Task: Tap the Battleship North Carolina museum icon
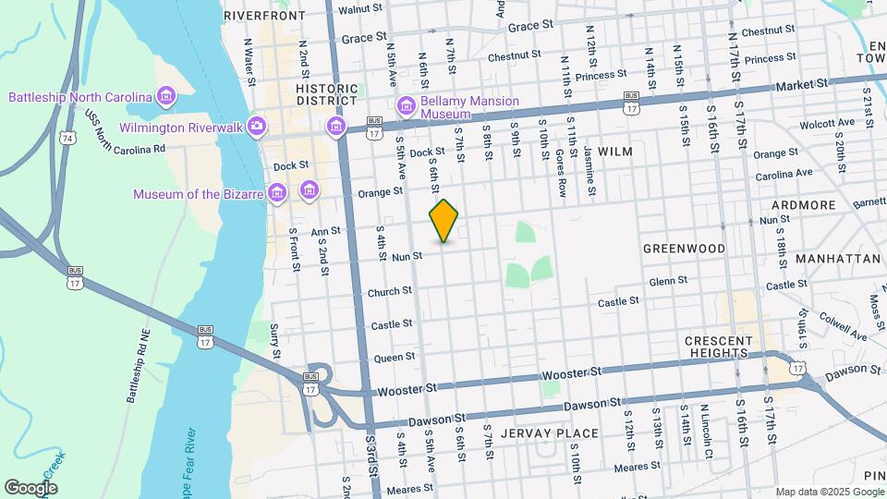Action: [x=166, y=96]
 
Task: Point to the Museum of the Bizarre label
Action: [x=197, y=194]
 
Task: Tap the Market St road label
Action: [x=802, y=85]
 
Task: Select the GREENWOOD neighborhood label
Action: [x=684, y=249]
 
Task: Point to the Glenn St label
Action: [x=668, y=280]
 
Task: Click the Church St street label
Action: [x=389, y=291]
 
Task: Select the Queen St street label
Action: [x=395, y=357]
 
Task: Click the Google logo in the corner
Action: [x=30, y=487]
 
